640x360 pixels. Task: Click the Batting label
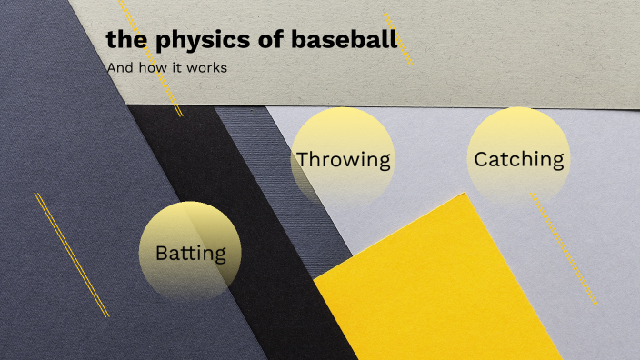[190, 252]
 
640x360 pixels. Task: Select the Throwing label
[343, 160]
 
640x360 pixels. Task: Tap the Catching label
[519, 159]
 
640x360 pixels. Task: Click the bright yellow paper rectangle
[436, 291]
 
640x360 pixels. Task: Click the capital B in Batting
[162, 252]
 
